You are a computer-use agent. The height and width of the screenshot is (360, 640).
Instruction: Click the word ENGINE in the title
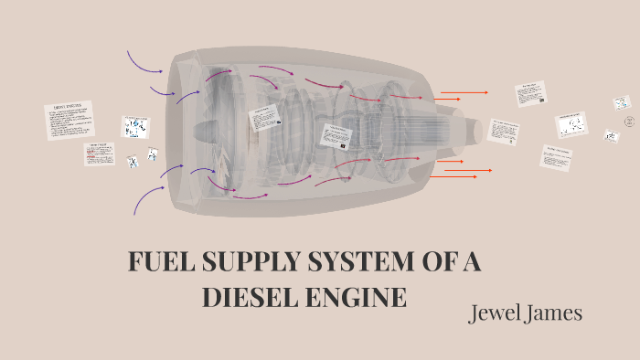click(x=357, y=298)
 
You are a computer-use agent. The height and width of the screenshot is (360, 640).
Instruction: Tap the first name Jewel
click(x=496, y=312)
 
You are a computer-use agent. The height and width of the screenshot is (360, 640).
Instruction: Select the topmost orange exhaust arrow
click(x=464, y=92)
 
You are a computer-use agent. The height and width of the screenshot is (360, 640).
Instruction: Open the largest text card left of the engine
click(x=69, y=120)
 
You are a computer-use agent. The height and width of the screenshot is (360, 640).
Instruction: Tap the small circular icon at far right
click(x=629, y=122)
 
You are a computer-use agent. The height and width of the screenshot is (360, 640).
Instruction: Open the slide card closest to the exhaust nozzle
click(x=504, y=131)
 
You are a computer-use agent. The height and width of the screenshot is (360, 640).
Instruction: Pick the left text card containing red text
click(x=100, y=153)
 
